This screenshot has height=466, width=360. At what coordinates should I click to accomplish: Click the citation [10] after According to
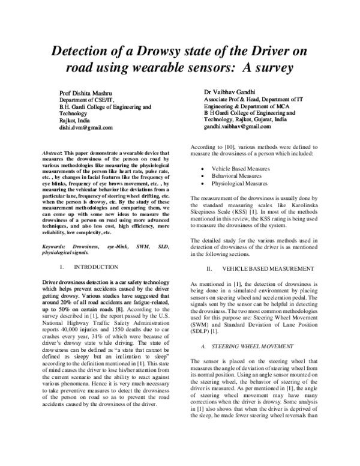pos(220,147)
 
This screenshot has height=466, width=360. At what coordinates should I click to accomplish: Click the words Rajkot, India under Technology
pos(75,121)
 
